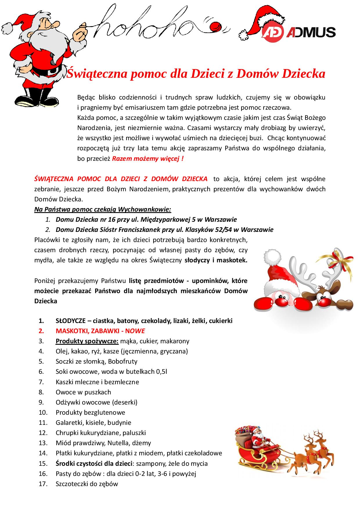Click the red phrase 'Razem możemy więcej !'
(x=148, y=159)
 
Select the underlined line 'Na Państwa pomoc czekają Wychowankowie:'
(x=103, y=209)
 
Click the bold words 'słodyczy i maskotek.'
(x=216, y=260)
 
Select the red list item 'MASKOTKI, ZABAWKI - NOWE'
(x=100, y=331)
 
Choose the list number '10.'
(x=43, y=412)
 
